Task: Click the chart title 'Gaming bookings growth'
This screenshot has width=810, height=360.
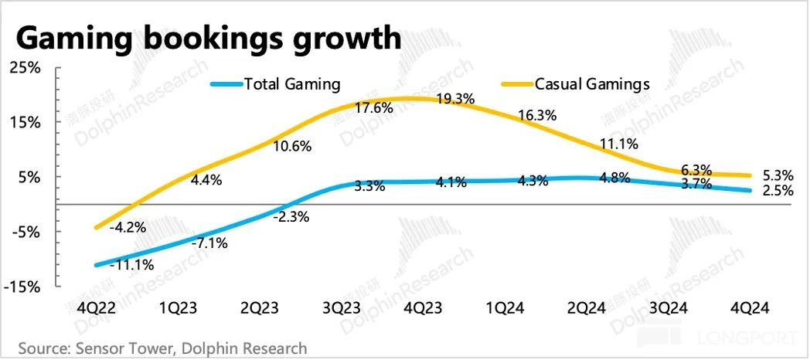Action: [208, 38]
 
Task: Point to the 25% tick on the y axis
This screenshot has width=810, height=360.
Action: [26, 68]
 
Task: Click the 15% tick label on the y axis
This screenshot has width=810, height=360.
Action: [26, 122]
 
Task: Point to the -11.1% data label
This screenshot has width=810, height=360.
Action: [132, 264]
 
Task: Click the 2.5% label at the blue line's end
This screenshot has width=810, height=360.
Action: [778, 193]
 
